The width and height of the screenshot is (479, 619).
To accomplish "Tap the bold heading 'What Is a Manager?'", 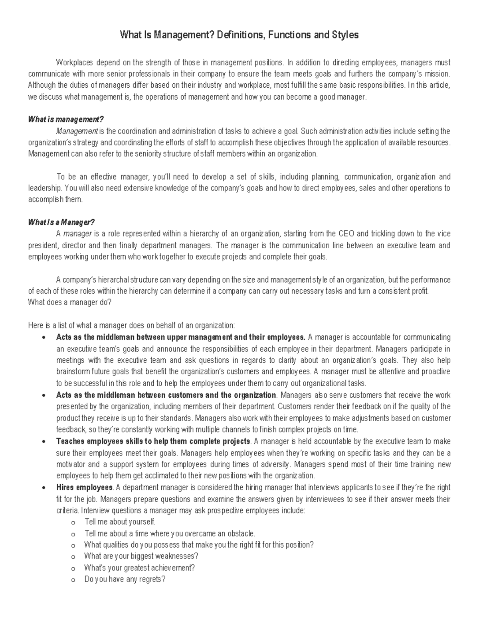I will tap(61, 222).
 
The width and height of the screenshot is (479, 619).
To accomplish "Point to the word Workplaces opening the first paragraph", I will tap(74, 63).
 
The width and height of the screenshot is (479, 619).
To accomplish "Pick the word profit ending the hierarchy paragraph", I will tap(420, 291).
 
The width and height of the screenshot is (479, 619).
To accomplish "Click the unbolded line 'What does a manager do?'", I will tap(70, 303).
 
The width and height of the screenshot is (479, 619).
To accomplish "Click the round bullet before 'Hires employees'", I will tap(43, 488).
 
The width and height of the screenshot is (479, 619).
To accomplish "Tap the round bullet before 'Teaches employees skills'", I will tap(43, 442).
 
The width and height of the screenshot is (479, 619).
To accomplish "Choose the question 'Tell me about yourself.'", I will tap(120, 522).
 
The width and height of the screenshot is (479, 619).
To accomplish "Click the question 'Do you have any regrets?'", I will tap(125, 580).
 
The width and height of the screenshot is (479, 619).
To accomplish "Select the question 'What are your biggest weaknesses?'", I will tap(141, 556).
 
